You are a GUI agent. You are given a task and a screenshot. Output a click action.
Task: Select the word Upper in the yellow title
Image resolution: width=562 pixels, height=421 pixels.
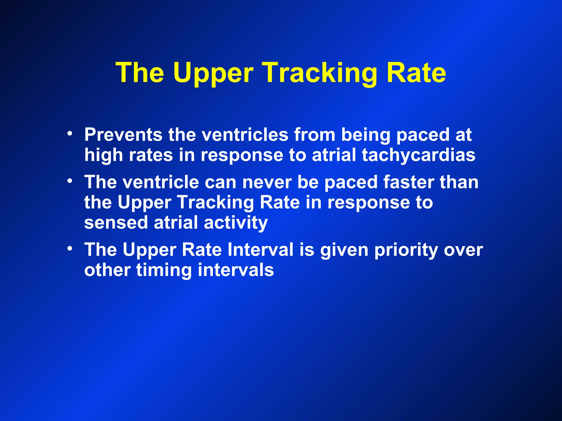(213, 73)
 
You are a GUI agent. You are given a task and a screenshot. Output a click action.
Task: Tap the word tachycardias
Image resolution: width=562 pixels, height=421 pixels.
(418, 155)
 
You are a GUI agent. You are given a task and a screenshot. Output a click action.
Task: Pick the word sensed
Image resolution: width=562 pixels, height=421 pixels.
(116, 222)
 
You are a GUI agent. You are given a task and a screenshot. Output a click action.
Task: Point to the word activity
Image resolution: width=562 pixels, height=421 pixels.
(236, 222)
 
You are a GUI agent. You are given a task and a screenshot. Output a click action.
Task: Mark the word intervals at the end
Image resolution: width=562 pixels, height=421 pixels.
(236, 270)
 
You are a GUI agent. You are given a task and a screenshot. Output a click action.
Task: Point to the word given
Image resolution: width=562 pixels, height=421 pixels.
(344, 250)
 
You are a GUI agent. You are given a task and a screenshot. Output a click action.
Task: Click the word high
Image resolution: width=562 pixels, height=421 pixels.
(103, 155)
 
